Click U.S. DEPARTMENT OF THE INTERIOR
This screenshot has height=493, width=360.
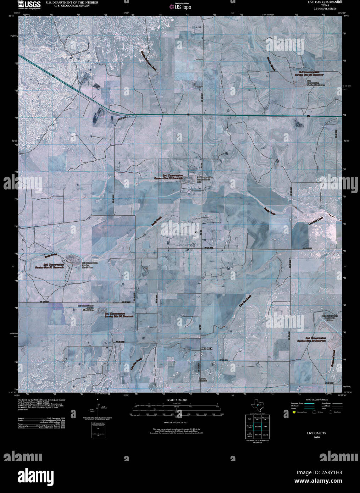[x=72, y=2]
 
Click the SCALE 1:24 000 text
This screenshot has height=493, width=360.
[x=177, y=400]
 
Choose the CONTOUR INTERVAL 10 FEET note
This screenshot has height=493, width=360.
[x=176, y=423]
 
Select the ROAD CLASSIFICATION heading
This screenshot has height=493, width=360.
[x=312, y=400]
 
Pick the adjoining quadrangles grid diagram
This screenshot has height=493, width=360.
[x=257, y=426]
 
